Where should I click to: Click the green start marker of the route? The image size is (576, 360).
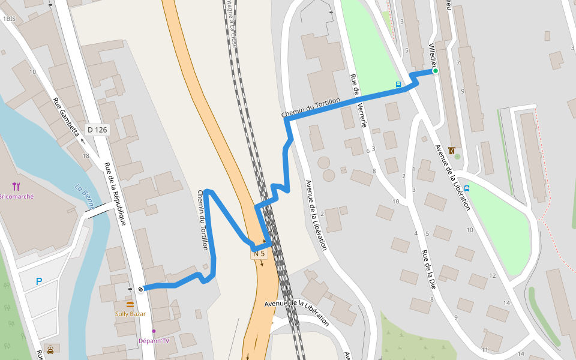(436, 71)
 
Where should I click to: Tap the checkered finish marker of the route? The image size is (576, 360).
(140, 289)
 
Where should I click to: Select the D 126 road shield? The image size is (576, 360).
(97, 129)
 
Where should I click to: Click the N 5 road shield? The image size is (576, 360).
(259, 254)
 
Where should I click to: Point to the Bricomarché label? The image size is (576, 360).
(16, 196)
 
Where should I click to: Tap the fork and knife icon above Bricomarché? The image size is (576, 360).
(16, 187)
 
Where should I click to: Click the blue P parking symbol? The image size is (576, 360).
(39, 281)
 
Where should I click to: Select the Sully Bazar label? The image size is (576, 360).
(130, 314)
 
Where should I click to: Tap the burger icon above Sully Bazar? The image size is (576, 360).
(130, 305)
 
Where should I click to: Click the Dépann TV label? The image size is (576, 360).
(153, 341)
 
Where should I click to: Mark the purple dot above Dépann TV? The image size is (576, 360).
(154, 331)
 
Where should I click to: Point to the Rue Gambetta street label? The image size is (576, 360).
(66, 117)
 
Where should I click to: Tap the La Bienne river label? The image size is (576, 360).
(85, 196)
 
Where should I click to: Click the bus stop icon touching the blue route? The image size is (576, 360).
(398, 85)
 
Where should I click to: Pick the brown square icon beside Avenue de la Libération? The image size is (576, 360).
(451, 151)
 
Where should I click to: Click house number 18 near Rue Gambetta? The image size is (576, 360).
(86, 156)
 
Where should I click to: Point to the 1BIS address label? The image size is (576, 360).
(8, 19)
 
